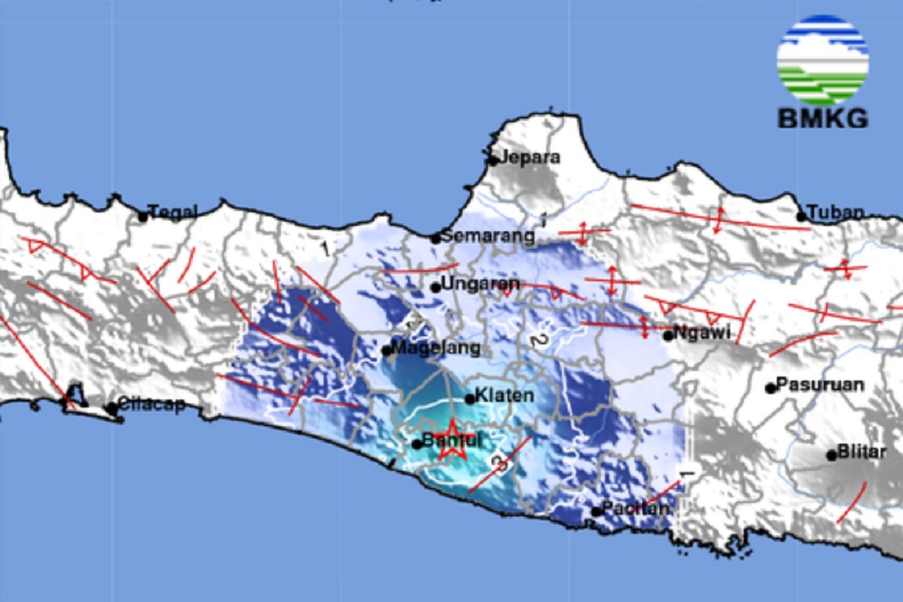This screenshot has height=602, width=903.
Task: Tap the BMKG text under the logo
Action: tap(822, 118)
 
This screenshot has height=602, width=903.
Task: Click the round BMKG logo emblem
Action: tap(822, 60)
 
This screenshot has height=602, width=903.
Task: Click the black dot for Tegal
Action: tap(143, 217)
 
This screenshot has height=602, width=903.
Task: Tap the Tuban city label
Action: tap(837, 213)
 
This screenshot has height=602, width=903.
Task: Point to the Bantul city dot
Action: tap(417, 444)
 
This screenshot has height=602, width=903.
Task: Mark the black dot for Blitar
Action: tap(832, 455)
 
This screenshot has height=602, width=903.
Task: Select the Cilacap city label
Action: tap(152, 405)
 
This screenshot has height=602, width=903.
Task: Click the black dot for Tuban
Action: tap(801, 217)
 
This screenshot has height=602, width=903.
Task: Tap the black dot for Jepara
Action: tap(494, 161)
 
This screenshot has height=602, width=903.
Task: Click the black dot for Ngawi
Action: tap(668, 336)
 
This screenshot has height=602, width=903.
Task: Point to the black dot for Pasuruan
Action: tap(770, 388)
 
